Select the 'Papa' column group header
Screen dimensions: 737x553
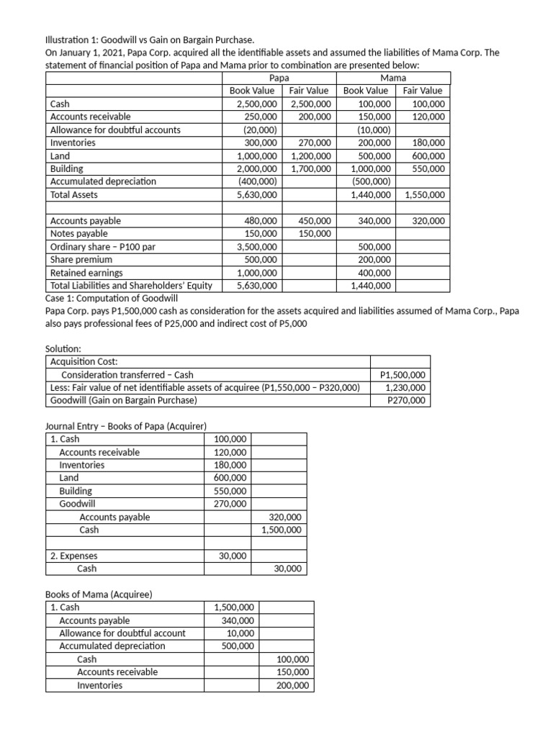pyautogui.click(x=279, y=78)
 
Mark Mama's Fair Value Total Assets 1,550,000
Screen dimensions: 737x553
pyautogui.click(x=424, y=195)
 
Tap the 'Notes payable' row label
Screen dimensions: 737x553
pyautogui.click(x=78, y=234)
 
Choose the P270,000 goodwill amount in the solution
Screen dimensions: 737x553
pyautogui.click(x=406, y=401)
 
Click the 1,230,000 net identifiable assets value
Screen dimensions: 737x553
pyautogui.click(x=405, y=388)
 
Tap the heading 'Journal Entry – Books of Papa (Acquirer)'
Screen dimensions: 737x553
pyautogui.click(x=126, y=425)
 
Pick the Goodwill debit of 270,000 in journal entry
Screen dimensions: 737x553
pyautogui.click(x=230, y=504)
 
